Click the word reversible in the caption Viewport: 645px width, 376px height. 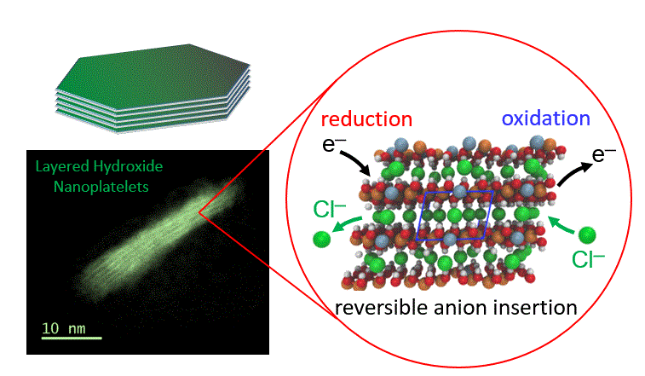(378, 308)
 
